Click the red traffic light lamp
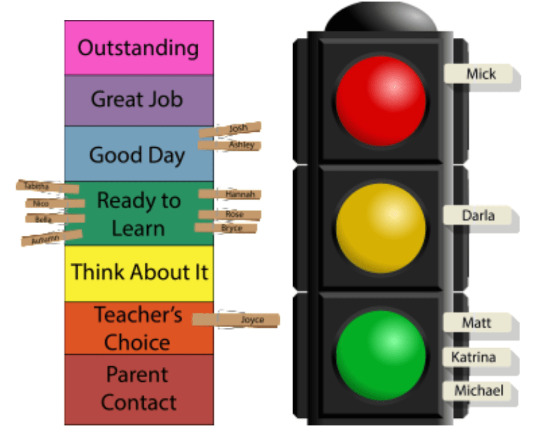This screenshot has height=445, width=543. coord(381,100)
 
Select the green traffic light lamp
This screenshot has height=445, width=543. coord(381,355)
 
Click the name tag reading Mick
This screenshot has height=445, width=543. coord(480,75)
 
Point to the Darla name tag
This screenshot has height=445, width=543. coord(478,215)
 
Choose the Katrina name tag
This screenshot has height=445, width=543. coord(474,358)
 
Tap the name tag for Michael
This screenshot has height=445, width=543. coord(478,390)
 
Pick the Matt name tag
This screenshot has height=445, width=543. coord(476,323)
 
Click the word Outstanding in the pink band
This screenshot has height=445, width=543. coord(138,48)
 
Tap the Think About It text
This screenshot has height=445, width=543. coord(139,272)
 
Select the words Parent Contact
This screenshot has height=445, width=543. coord(139,388)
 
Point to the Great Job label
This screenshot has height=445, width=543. coord(136,99)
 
